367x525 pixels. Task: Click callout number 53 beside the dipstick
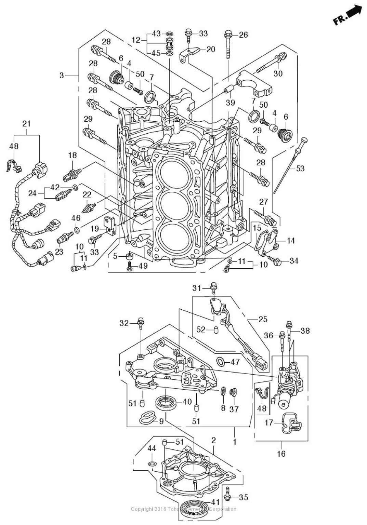pyautogui.click(x=300, y=169)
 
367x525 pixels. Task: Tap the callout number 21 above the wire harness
pyautogui.click(x=27, y=124)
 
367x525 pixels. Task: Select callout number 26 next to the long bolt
pyautogui.click(x=243, y=35)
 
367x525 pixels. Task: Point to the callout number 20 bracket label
pyautogui.click(x=211, y=49)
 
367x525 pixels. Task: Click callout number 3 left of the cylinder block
pyautogui.click(x=62, y=75)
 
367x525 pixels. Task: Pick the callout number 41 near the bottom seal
pyautogui.click(x=215, y=502)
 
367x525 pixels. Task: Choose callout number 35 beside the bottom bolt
pyautogui.click(x=244, y=497)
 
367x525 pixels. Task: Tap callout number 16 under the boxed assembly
pyautogui.click(x=281, y=454)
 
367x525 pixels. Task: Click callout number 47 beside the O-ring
pyautogui.click(x=235, y=362)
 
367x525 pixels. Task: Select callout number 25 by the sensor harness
pyautogui.click(x=263, y=319)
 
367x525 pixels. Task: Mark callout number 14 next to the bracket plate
pyautogui.click(x=290, y=241)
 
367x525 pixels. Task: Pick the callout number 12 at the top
pyautogui.click(x=136, y=40)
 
